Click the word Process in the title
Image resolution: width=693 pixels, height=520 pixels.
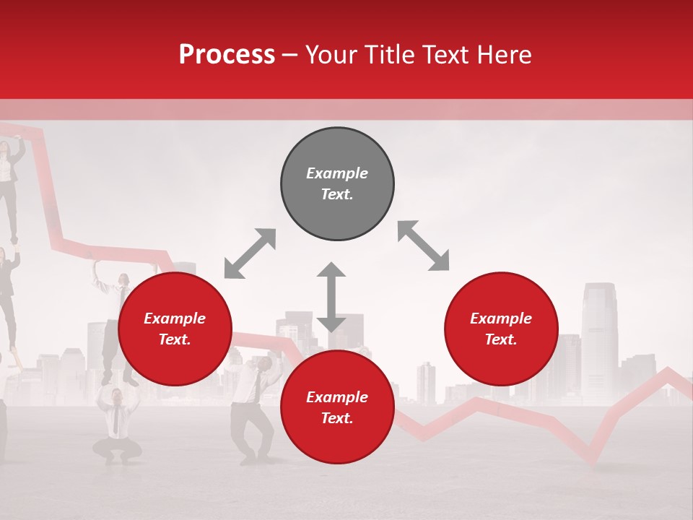[x=227, y=55]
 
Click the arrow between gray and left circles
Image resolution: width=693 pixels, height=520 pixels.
[x=250, y=253]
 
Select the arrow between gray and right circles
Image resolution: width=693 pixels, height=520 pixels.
[x=423, y=246]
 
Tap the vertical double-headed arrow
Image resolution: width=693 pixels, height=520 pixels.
[x=331, y=297]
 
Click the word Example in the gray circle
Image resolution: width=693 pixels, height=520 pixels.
[x=337, y=173]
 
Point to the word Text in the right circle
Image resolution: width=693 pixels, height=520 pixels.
[x=500, y=339]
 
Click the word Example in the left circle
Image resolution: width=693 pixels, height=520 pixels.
[x=175, y=318]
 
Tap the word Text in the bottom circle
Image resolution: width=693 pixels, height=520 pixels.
[x=336, y=418]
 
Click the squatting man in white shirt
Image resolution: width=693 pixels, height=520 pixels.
[x=116, y=426]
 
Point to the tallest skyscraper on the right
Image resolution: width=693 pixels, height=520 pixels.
[x=599, y=339]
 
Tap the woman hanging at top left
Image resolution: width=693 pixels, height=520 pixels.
[x=9, y=173]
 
